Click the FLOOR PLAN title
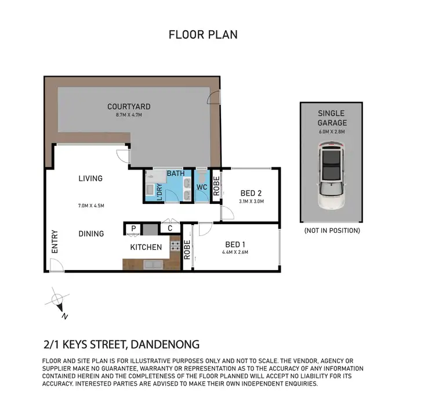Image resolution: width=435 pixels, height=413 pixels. coord(202,35)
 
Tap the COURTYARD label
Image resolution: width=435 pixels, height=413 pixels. coord(129,106)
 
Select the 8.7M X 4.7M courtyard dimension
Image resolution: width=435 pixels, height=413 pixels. coord(129,116)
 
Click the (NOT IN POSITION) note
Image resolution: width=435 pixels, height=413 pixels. coord(331,231)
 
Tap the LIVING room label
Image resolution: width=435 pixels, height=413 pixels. coord(90,178)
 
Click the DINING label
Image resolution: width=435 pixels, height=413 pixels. coord(91,234)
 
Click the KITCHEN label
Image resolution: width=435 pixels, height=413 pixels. coord(146,247)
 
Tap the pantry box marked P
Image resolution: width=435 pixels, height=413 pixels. coord(133,229)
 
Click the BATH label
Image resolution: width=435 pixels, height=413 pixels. coord(175,174)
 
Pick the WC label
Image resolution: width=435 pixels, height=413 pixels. coord(202,188)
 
